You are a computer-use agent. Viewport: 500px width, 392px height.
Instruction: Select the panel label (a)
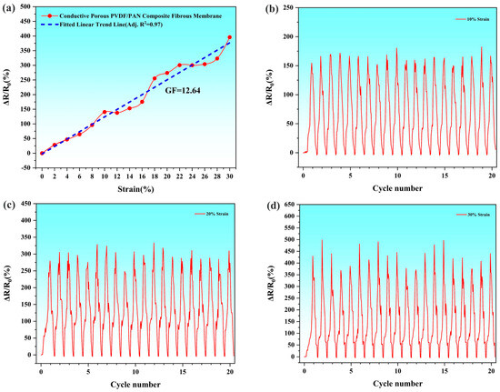(x=8, y=9)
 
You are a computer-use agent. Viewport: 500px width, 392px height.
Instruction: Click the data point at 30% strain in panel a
(x=229, y=38)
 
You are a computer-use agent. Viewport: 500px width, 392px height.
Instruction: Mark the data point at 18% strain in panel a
(x=155, y=78)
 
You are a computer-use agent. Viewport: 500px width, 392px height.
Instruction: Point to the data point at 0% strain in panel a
(x=42, y=153)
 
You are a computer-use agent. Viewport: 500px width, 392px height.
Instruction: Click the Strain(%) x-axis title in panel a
(x=135, y=187)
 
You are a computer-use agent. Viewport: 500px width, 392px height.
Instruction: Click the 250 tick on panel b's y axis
(x=288, y=8)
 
